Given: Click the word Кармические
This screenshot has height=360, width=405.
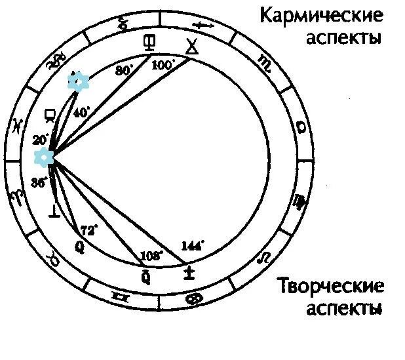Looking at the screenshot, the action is pyautogui.click(x=322, y=14).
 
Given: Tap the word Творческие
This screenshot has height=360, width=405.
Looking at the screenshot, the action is pyautogui.click(x=330, y=287).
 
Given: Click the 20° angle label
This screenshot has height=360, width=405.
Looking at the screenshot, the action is pyautogui.click(x=40, y=139).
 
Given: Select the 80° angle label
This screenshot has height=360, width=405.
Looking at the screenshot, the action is pyautogui.click(x=124, y=70).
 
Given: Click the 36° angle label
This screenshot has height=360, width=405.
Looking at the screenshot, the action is pyautogui.click(x=39, y=184).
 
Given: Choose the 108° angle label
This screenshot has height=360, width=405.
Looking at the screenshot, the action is pyautogui.click(x=152, y=254).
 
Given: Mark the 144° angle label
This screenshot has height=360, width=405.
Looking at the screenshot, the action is pyautogui.click(x=193, y=246).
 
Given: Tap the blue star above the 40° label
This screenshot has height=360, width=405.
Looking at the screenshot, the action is pyautogui.click(x=79, y=82).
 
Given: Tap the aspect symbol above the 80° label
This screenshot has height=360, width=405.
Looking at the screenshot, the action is pyautogui.click(x=150, y=43).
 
